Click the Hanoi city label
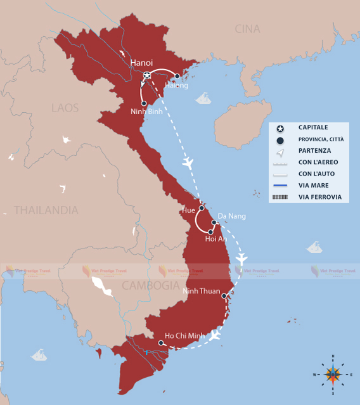[141, 62]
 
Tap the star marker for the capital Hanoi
[147, 75]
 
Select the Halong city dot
[177, 76]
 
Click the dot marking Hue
[202, 208]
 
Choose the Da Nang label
[231, 216]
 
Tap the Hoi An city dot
[210, 232]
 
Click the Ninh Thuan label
[201, 291]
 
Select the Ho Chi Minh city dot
[162, 343]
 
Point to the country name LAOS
[65, 108]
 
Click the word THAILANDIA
[46, 210]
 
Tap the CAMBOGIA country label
[151, 285]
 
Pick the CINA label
[247, 29]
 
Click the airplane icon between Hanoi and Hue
[187, 164]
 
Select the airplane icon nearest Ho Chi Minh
[215, 335]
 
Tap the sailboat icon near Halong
[203, 98]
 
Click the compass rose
[333, 374]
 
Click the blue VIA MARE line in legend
[280, 186]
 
